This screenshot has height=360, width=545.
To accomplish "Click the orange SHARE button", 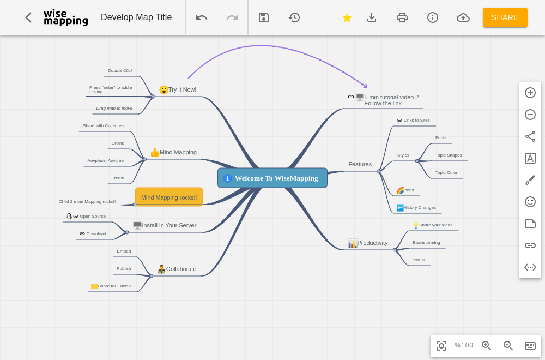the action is pos(505,17).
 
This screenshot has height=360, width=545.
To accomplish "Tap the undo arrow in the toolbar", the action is pos(202,17).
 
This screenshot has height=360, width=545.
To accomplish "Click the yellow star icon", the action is pos(347,17).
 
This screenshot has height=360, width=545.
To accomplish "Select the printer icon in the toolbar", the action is pos(402,17).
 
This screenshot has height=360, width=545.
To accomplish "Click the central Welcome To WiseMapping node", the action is pos(272,178).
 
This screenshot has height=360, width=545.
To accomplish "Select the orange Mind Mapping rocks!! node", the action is pos(169,197).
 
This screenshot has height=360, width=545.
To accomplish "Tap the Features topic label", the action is pos(360,164).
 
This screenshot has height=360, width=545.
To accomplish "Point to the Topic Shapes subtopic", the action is pos(449,155).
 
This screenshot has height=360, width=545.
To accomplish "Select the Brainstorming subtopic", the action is pos(426,242).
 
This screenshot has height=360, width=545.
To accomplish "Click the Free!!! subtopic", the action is pos(118,178).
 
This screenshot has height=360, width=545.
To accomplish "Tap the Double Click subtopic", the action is pos(120,70).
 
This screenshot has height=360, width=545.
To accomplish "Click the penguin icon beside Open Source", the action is pos(69,217).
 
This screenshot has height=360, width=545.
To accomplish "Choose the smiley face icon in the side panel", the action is pos(530,202).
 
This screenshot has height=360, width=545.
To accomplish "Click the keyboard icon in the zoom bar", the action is pos(530,345).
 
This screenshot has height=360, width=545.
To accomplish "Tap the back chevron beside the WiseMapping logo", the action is pos(28,17).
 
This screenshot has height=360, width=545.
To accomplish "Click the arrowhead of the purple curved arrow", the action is pos(366,86).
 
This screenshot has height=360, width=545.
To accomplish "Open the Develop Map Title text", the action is pos(136,17).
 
